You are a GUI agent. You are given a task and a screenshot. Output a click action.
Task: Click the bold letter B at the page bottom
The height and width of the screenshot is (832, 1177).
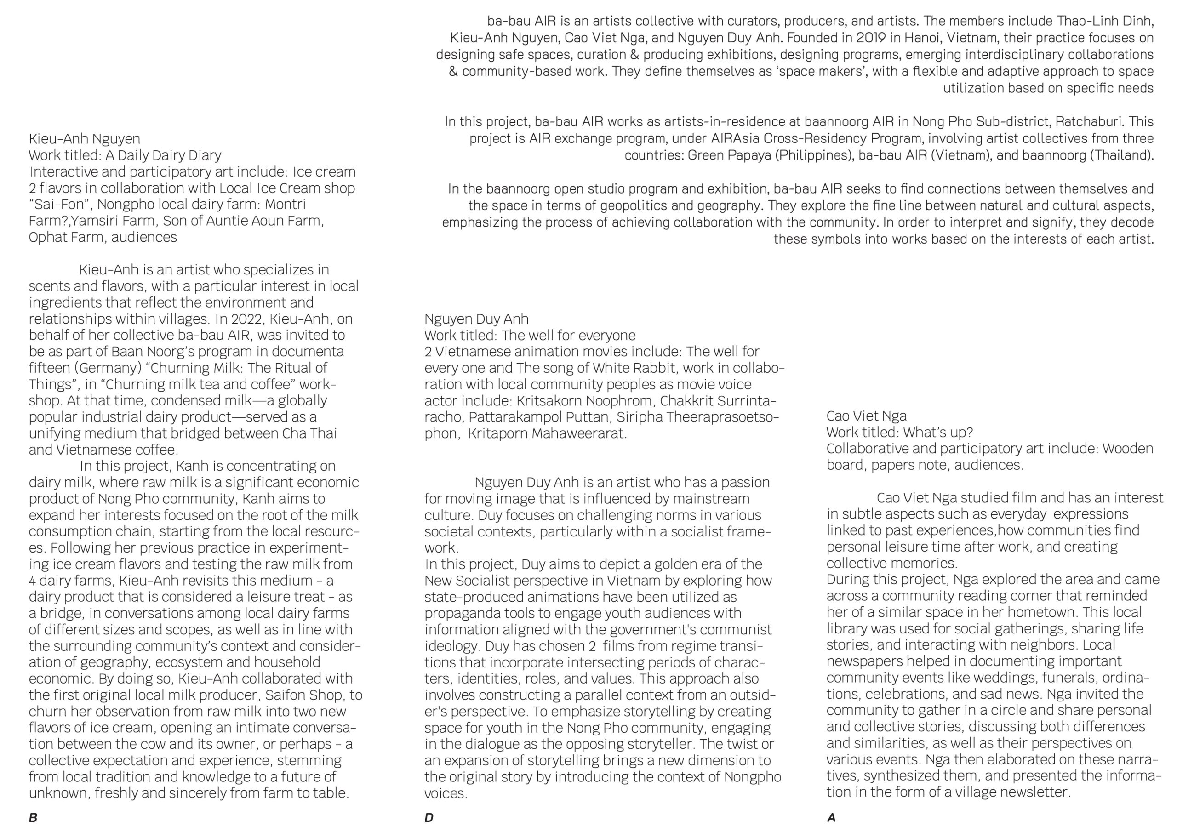click(x=33, y=818)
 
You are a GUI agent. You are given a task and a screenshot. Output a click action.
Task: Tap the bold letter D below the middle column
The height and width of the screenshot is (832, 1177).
click(x=429, y=818)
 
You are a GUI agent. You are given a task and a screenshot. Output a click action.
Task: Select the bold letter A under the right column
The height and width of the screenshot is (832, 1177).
click(x=831, y=818)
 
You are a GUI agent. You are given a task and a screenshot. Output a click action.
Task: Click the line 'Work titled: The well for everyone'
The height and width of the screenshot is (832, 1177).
click(x=530, y=335)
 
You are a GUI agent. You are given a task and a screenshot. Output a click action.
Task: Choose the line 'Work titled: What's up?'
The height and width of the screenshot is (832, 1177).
click(x=899, y=433)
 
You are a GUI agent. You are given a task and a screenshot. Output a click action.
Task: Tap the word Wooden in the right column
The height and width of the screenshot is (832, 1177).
click(x=1128, y=449)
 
